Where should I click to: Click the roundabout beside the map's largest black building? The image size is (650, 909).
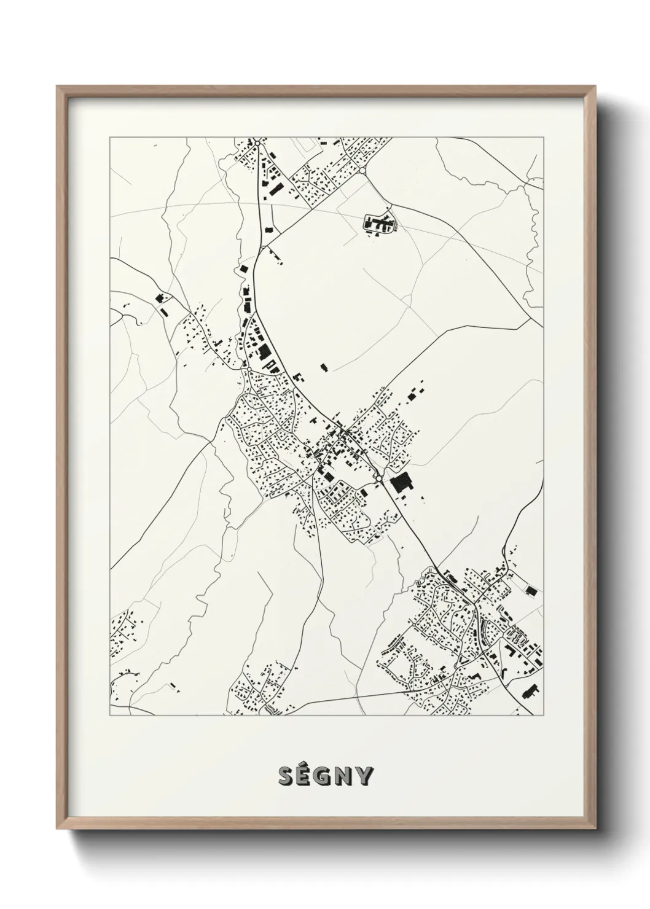[380, 478]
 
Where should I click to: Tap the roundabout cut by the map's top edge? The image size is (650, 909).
[259, 139]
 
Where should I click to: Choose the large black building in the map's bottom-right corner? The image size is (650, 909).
[529, 690]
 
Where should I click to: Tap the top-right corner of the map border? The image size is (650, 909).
[544, 138]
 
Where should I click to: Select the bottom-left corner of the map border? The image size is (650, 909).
[110, 716]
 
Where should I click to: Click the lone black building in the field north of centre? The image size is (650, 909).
[324, 368]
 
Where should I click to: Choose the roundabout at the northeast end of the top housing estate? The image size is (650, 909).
[363, 170]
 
